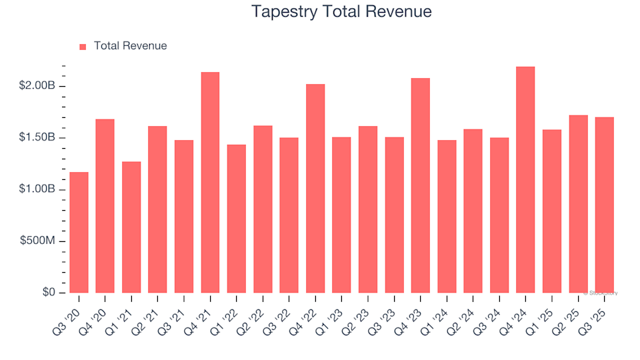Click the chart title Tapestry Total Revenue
click(341, 11)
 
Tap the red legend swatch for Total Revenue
click(83, 47)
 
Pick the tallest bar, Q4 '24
click(525, 179)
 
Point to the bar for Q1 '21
click(131, 227)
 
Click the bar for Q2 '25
click(578, 204)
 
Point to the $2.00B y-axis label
click(38, 86)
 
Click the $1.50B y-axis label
click(38, 138)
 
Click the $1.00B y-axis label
click(38, 189)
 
